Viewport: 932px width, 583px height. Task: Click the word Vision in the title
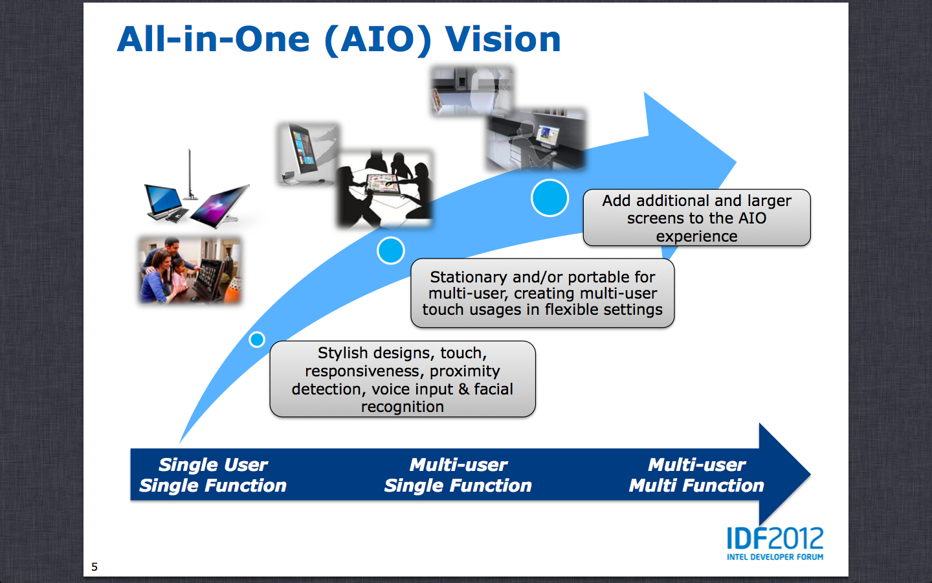point(503,40)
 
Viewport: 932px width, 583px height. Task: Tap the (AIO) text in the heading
point(377,40)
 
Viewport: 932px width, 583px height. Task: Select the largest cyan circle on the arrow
point(549,198)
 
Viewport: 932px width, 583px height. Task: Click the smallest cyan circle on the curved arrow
point(257,339)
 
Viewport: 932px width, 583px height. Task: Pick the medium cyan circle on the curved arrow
point(391,251)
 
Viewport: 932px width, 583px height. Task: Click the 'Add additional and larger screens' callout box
point(696,218)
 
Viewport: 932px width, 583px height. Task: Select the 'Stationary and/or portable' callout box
point(542,293)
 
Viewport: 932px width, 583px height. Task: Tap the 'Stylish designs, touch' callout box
point(402,379)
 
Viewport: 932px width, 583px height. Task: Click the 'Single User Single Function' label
point(213,475)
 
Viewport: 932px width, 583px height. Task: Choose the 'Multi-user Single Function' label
point(458,475)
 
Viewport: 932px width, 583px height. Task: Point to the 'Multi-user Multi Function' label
point(696,475)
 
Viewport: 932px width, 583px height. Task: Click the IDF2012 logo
point(775,539)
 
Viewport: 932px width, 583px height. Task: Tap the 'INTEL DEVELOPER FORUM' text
point(775,557)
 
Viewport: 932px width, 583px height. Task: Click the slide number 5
point(94,567)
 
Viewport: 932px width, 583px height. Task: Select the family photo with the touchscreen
point(190,269)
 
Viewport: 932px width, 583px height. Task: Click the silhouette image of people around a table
point(384,189)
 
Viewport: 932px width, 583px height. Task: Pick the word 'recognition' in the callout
point(402,407)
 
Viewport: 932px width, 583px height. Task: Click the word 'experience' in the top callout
point(696,236)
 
